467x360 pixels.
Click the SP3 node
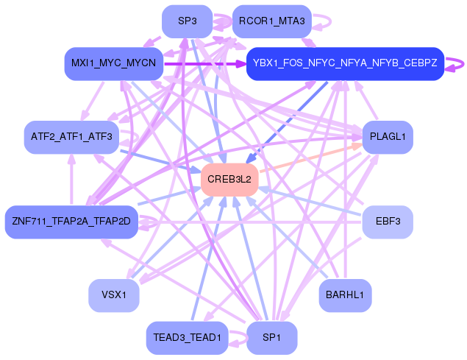click(187, 21)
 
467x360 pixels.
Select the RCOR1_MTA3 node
click(271, 21)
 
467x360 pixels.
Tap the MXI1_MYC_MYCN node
click(113, 63)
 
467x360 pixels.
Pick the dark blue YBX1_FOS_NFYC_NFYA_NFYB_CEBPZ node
click(345, 63)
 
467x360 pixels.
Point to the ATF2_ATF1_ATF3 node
click(71, 137)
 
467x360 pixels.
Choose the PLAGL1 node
click(387, 137)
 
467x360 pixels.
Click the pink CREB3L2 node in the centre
click(229, 180)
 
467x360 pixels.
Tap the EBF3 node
click(387, 221)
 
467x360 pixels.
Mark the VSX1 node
click(113, 295)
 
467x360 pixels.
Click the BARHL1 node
click(345, 295)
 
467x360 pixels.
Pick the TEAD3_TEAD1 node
click(187, 337)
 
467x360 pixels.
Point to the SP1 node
click(271, 337)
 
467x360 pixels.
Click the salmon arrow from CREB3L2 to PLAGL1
click(309, 158)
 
